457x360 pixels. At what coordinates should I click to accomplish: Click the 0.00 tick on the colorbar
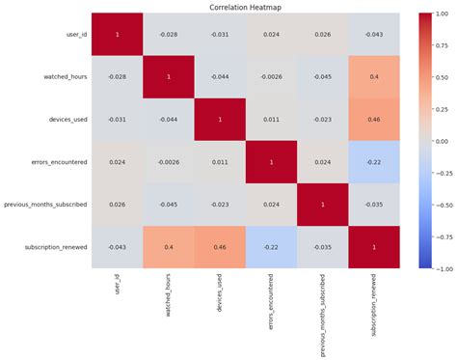(x=442, y=142)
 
